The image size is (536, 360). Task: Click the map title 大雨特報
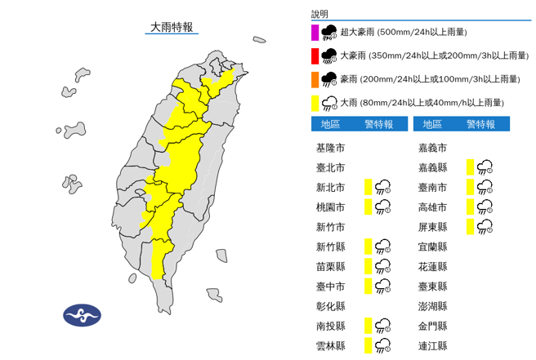[x=171, y=27]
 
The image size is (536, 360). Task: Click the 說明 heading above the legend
[x=319, y=15]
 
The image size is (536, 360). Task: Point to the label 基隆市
[x=330, y=149]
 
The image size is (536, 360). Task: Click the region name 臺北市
[x=330, y=167]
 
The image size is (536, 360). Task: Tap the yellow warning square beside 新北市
[x=369, y=187]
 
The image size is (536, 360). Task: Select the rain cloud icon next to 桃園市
[x=383, y=207]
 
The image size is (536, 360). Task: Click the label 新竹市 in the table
[x=330, y=226]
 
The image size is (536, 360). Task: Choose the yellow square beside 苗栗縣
[x=369, y=265]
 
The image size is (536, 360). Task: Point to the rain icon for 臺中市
[x=383, y=285]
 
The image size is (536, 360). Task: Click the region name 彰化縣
[x=330, y=305]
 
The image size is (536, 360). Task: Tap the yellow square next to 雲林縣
[x=369, y=345]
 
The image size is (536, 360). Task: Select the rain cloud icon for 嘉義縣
[x=485, y=167]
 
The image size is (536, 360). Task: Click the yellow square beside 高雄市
[x=471, y=207]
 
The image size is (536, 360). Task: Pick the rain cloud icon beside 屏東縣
[x=485, y=226]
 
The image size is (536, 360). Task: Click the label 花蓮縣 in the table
[x=432, y=266]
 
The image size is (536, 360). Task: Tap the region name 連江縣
[x=432, y=345]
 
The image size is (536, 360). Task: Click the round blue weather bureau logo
[x=82, y=315]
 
